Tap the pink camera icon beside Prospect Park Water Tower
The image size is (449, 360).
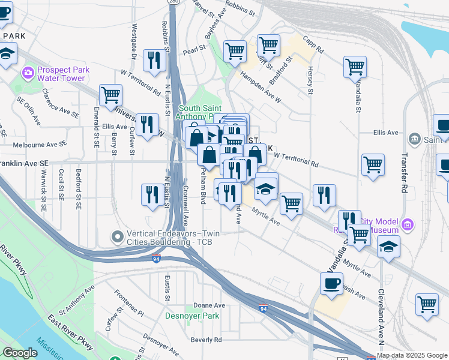[x=28, y=74]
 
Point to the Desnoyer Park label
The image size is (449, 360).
[x=193, y=316]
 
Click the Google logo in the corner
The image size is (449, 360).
[x=20, y=353]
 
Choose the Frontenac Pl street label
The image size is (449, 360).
[x=129, y=304]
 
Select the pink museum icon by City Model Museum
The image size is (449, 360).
[x=408, y=225]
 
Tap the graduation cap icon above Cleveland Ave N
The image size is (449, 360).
[x=388, y=246]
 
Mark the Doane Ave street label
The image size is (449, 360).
[x=208, y=305]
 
